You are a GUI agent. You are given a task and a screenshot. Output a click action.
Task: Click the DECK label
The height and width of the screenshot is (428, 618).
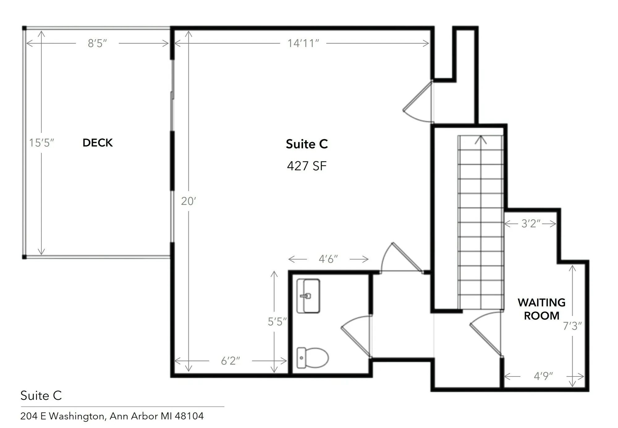pos(98,143)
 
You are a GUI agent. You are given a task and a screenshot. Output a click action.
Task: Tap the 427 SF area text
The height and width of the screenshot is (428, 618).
pos(307,166)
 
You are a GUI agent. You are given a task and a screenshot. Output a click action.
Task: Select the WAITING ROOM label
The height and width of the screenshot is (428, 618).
pos(541,309)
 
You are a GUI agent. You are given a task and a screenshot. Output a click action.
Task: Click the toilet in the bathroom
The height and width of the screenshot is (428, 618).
pos(312,358)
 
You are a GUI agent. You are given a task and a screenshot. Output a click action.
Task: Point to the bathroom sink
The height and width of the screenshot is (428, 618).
pos(308,296)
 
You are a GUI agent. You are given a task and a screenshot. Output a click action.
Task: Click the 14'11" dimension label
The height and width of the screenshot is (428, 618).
pos(303,43)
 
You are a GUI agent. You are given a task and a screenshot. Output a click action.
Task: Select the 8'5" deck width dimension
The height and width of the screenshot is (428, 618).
pos(97,43)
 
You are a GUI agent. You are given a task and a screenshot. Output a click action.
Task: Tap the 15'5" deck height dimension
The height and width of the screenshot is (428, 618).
pos(41,143)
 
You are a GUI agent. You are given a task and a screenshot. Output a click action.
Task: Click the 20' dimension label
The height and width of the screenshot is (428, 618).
pos(188,201)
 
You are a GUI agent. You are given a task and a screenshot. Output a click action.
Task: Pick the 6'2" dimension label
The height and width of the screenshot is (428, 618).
pos(231,360)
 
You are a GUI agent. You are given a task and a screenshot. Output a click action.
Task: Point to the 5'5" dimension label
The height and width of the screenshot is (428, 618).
pos(277,322)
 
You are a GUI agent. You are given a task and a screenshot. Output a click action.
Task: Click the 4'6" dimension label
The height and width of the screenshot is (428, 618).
pos(328,259)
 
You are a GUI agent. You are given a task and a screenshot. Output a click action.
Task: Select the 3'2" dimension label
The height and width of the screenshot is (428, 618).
pos(531,223)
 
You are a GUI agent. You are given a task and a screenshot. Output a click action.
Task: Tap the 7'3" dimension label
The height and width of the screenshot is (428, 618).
pos(572,326)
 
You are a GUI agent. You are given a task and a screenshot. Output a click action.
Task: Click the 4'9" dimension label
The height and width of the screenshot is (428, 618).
pos(543,376)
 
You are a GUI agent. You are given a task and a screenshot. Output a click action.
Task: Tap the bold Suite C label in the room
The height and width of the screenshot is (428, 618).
pos(307,144)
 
